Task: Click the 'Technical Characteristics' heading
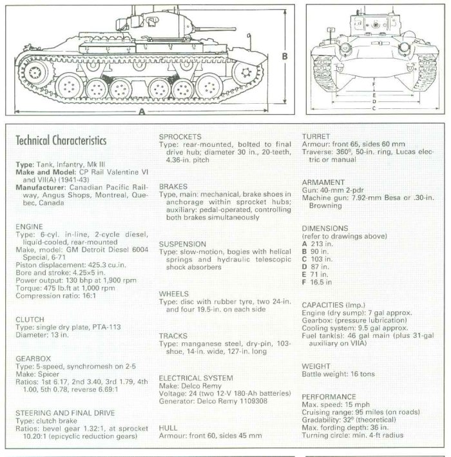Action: click(x=61, y=141)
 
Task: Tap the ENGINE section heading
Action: click(x=29, y=227)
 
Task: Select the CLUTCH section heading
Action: click(x=30, y=319)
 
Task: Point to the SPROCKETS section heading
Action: click(x=180, y=137)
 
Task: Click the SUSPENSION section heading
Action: click(x=182, y=244)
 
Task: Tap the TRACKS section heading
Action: click(x=173, y=336)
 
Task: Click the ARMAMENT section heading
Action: click(x=321, y=182)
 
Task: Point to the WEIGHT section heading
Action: click(x=316, y=365)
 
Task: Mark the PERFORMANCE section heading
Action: click(x=329, y=396)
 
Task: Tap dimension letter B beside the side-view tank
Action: click(x=284, y=57)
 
